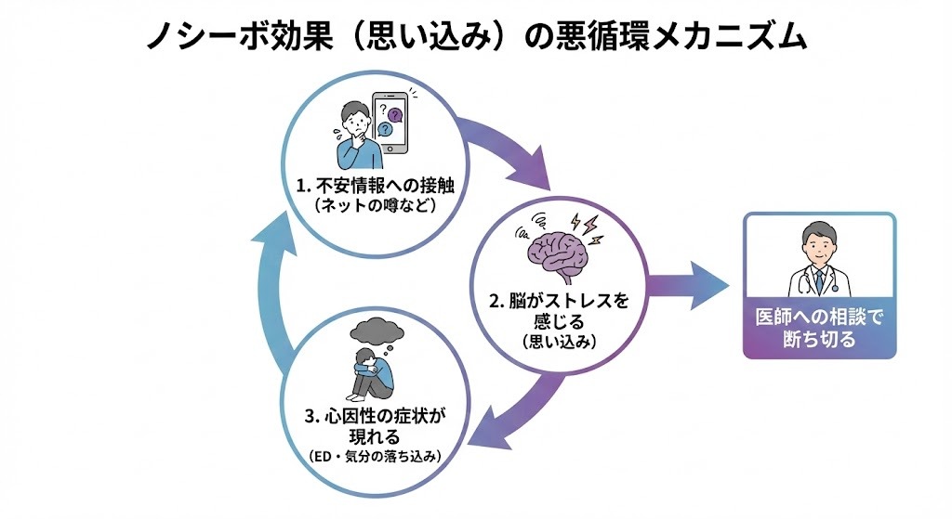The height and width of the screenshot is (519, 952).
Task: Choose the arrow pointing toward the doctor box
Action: coord(688,286)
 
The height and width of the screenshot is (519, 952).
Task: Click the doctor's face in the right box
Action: coord(818,246)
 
